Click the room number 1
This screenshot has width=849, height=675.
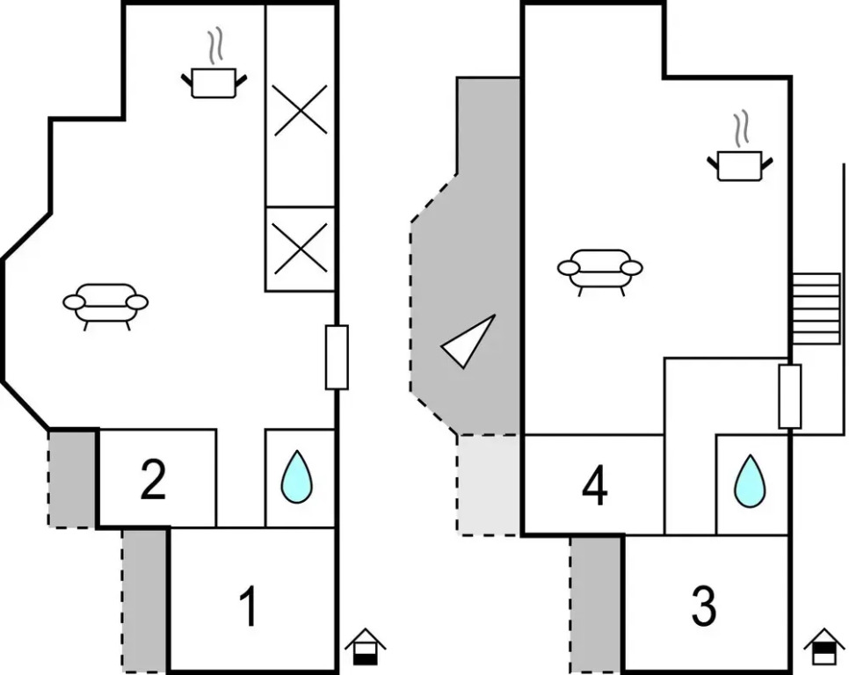(x=250, y=607)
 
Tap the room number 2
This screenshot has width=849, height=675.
(x=153, y=480)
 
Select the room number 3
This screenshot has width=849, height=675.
(x=703, y=606)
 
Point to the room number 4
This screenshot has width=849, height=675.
(x=595, y=486)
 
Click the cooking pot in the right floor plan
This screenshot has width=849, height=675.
(x=740, y=163)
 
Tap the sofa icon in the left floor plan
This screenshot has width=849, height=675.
(x=105, y=303)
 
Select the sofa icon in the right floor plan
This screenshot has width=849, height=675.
(x=600, y=268)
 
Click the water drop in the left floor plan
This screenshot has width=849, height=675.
(x=297, y=477)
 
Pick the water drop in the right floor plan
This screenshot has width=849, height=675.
(x=750, y=481)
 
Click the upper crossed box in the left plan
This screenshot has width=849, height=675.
(x=301, y=110)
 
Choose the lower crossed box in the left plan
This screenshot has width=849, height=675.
(x=301, y=248)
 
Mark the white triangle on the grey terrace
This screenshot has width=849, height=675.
(x=470, y=342)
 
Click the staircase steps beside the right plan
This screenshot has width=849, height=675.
(x=816, y=308)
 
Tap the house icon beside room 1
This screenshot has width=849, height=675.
(x=366, y=647)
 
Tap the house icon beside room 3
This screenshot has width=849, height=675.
(x=824, y=649)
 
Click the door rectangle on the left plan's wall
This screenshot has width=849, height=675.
(x=337, y=357)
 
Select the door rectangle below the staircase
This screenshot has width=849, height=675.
(x=789, y=396)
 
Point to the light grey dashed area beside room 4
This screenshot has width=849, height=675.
(x=489, y=484)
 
